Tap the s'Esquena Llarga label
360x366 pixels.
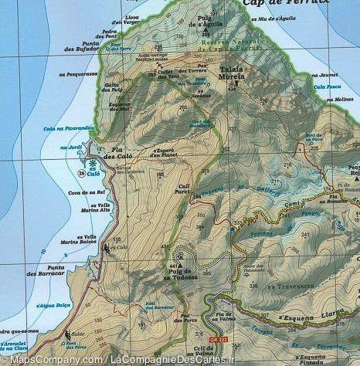point(314,317)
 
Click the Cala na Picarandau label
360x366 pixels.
point(70,128)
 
